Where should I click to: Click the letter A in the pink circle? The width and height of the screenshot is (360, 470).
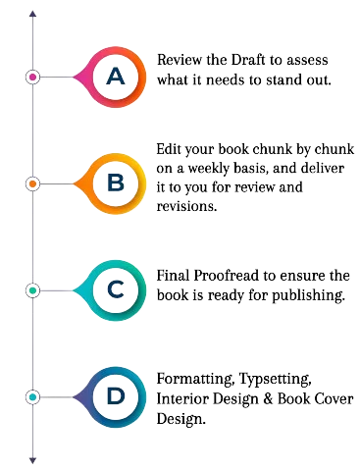point(116,76)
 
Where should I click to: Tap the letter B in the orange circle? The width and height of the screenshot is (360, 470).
point(116,183)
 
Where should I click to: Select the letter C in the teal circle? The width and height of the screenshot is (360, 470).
point(116,290)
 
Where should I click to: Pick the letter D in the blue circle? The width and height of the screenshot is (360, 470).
point(116,396)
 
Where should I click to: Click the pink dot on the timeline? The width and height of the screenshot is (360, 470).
point(32,76)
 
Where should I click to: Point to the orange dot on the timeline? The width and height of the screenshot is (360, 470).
point(32,183)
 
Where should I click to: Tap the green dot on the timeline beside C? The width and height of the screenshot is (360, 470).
point(32,290)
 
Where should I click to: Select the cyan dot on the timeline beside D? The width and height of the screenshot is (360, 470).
point(32,396)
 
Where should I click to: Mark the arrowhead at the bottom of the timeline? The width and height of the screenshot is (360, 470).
point(32,458)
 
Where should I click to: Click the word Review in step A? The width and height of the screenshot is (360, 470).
point(178,61)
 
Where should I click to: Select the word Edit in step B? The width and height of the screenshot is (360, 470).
point(170,149)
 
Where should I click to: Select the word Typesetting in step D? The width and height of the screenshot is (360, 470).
point(278,380)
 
